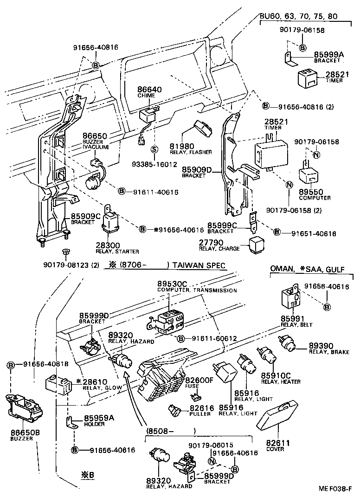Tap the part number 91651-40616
pos(314,233)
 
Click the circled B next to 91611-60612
pos(181,338)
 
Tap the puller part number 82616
pos(201,408)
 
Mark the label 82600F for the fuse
pos(202,380)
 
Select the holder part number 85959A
pos(99,418)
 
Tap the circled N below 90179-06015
pos(211,461)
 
